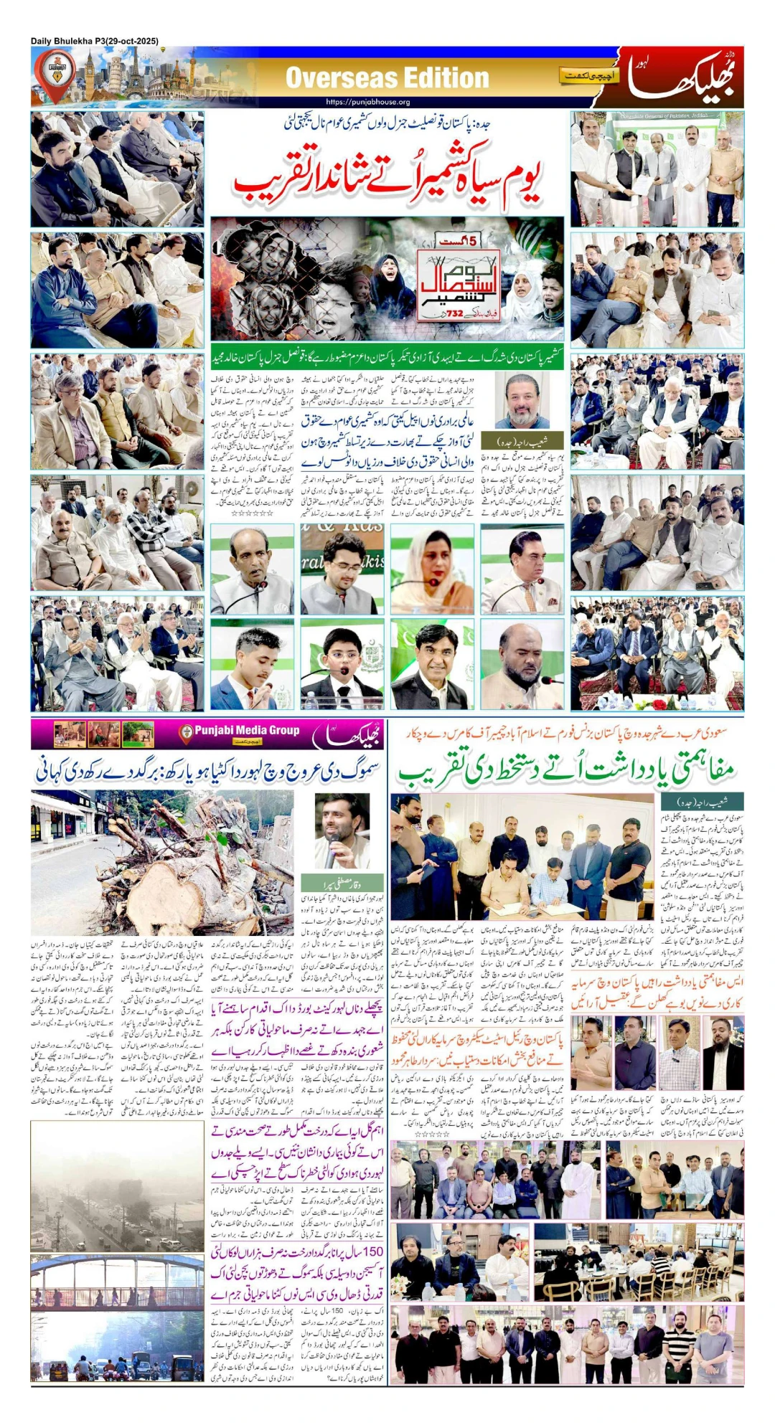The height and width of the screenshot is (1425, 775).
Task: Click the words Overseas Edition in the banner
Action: [x=387, y=77]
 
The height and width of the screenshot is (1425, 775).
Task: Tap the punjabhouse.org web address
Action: [x=367, y=102]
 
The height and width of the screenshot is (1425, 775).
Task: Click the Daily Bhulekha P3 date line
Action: [x=95, y=41]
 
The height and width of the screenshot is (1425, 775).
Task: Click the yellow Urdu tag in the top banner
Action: [x=588, y=76]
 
